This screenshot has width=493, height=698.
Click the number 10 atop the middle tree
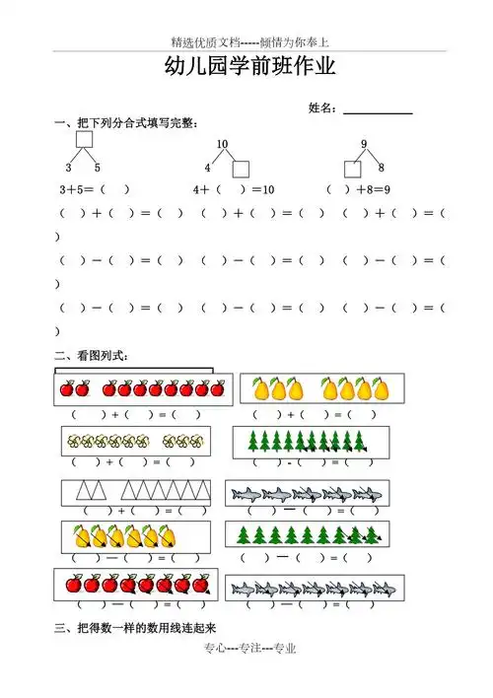point(222,145)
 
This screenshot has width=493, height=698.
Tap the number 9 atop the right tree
point(364,145)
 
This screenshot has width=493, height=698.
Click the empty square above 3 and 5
point(84,140)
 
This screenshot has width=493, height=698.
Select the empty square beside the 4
point(241,168)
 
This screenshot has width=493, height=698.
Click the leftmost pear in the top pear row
point(262,389)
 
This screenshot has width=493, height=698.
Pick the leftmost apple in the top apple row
point(68,389)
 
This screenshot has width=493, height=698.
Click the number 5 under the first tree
point(98,167)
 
